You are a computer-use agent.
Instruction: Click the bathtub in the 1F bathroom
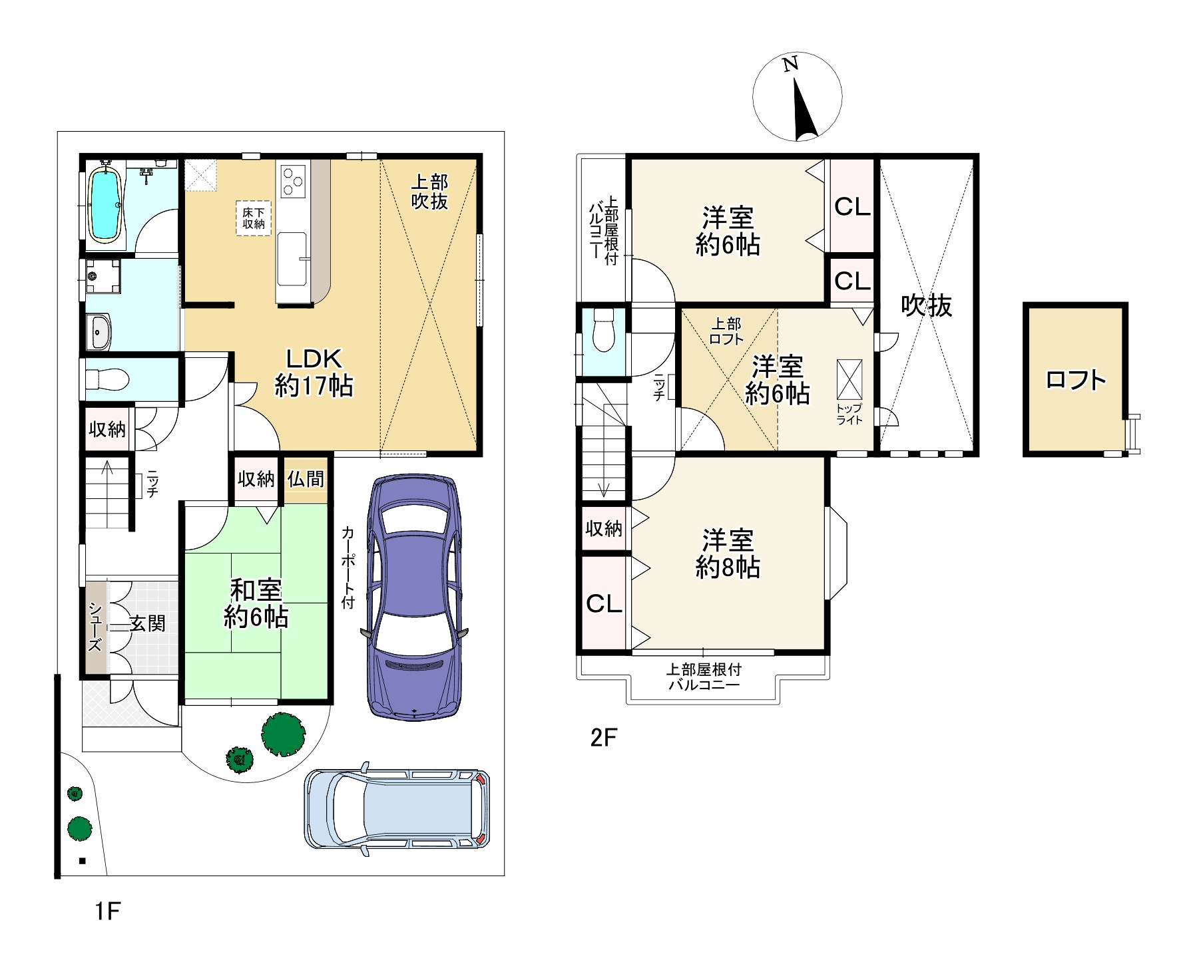tap(105, 204)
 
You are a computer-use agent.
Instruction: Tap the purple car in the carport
tap(414, 597)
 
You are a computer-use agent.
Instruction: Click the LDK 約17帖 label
tap(314, 373)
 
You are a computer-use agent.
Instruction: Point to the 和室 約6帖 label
tap(256, 604)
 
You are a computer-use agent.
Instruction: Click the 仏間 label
tap(306, 478)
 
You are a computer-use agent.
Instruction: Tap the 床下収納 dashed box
tap(254, 218)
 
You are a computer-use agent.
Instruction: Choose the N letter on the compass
tap(790, 65)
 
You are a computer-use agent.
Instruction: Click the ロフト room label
tap(1076, 380)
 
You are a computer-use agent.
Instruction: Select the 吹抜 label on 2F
tap(927, 305)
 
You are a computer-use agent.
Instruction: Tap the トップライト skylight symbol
tap(849, 379)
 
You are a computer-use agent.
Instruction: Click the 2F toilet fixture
tap(603, 330)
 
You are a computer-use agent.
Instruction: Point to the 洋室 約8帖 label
tap(728, 554)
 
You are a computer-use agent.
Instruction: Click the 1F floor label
tap(107, 911)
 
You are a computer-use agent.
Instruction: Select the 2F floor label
tap(604, 738)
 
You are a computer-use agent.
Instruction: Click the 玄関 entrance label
tap(147, 624)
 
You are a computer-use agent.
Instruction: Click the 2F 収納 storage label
tap(604, 528)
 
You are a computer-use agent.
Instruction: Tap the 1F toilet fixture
tap(107, 380)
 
